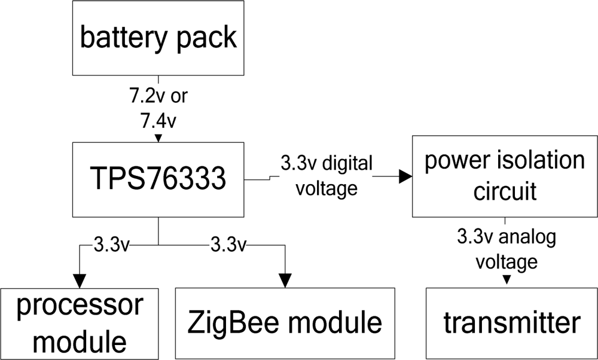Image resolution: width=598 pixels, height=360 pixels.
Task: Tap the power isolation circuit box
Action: coord(504,176)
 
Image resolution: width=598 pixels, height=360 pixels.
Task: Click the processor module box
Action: coord(79,324)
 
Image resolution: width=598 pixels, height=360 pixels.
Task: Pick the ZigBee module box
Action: coord(285,323)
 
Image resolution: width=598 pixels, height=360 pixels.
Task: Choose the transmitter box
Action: coord(511,323)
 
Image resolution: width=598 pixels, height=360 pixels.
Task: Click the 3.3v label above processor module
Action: coord(111,244)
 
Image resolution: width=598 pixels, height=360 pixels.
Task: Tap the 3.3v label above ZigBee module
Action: coord(228,244)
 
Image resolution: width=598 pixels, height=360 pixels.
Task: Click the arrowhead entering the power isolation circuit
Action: coord(405,176)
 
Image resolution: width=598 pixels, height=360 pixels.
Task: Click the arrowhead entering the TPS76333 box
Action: coord(158,139)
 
